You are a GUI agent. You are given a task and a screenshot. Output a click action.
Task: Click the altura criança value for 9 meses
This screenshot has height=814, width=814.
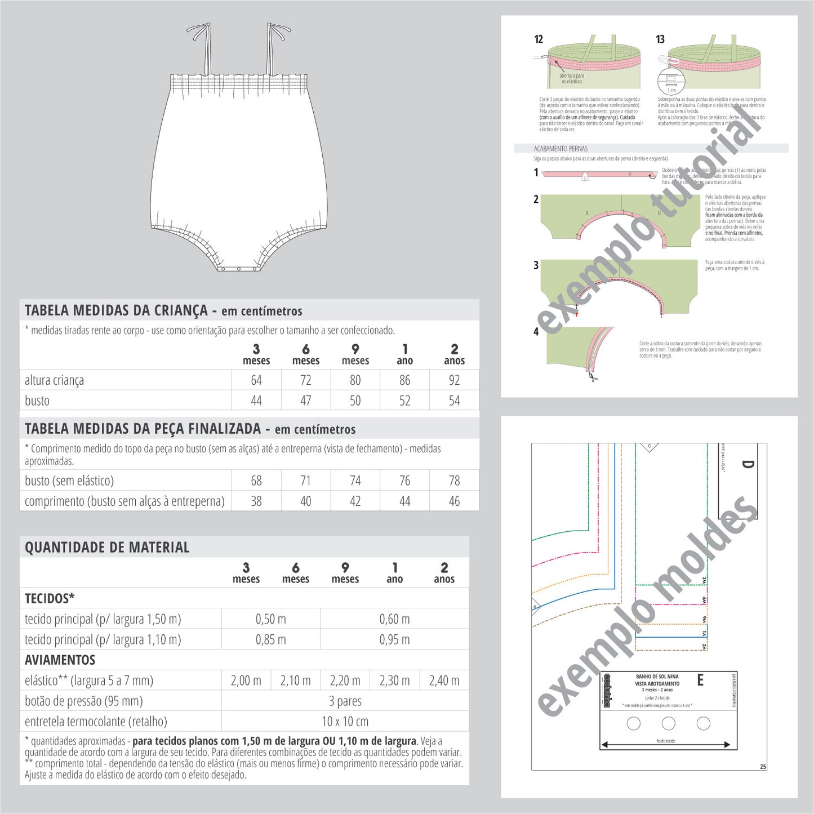tap(355, 380)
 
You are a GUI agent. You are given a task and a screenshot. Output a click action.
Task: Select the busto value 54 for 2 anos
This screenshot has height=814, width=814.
tap(454, 401)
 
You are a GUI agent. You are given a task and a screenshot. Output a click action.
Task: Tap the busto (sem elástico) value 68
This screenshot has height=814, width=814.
tap(256, 481)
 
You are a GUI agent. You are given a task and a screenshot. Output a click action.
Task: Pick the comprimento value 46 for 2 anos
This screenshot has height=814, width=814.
tap(454, 501)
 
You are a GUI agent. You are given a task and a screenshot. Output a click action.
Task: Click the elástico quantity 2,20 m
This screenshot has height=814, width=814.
tap(345, 680)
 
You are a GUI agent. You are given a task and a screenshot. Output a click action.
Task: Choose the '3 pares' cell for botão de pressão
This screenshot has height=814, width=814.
tap(345, 701)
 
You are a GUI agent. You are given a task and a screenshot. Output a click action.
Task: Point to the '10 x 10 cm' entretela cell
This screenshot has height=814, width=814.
tap(345, 722)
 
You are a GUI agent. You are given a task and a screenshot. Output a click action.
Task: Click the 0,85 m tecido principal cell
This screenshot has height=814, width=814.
tap(270, 640)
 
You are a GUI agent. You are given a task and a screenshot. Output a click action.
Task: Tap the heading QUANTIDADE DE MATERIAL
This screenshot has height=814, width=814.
tap(107, 548)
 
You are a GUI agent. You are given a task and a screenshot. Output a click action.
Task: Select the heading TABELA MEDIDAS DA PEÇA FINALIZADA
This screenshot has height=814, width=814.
tap(143, 429)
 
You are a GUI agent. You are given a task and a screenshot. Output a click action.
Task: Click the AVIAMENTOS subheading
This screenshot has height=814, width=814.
tap(60, 660)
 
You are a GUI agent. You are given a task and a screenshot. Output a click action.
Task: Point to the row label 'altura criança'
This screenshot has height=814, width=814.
tap(54, 381)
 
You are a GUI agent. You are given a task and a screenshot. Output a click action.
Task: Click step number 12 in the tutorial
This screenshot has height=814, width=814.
tap(539, 39)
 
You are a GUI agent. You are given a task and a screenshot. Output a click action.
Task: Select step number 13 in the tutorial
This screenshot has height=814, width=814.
tap(660, 39)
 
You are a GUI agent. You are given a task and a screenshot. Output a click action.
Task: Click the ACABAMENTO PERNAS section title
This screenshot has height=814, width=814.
tap(561, 149)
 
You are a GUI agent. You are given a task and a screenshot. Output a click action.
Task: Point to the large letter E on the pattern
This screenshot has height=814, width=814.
tap(700, 680)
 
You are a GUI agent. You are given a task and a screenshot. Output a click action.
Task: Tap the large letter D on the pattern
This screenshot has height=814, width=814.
tap(747, 465)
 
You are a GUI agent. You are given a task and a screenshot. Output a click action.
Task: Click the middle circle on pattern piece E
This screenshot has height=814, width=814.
tap(669, 723)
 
